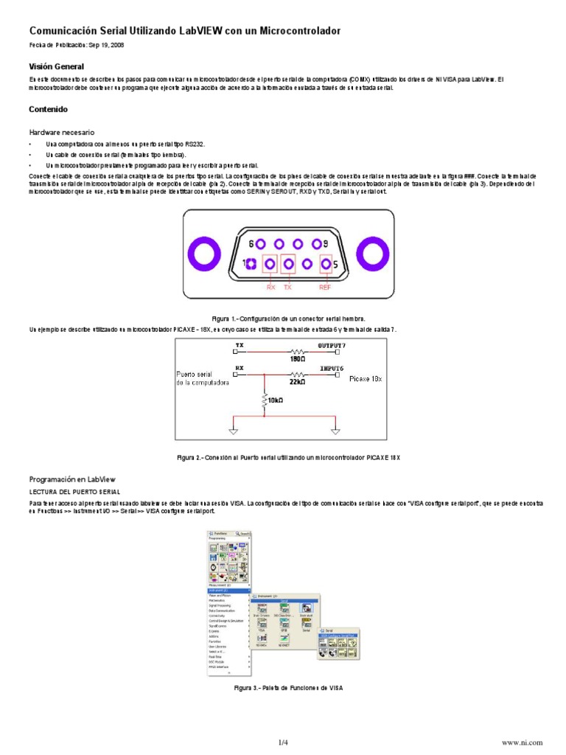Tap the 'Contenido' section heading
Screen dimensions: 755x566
coord(48,109)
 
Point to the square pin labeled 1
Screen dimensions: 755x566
coord(251,264)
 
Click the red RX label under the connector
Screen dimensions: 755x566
coord(270,286)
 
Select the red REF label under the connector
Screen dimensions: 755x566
coord(325,286)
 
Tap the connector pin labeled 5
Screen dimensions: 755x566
coord(325,264)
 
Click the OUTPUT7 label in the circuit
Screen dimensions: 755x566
coord(331,345)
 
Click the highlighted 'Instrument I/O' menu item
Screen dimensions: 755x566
coord(221,591)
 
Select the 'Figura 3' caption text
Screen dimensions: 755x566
coord(287,687)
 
